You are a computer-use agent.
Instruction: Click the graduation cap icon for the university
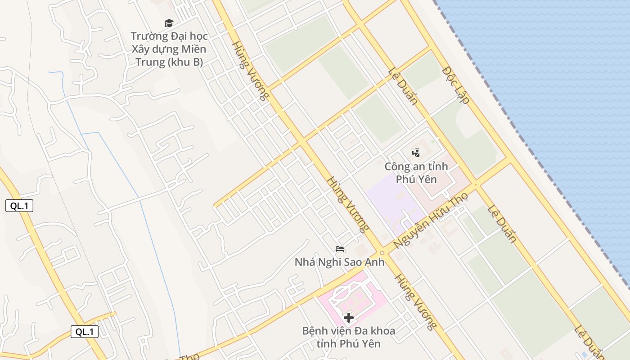pos(169,22)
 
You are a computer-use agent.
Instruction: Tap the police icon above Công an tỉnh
pos(416,153)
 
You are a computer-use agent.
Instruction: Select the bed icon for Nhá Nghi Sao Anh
pos(340,248)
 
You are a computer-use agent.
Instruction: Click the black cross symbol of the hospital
pos(348,318)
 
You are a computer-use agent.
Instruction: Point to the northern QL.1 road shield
pos(19,206)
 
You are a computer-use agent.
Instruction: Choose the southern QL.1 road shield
pos(85,332)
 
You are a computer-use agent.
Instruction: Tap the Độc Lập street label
pos(456,85)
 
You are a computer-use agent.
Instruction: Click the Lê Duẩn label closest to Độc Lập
pos(403,86)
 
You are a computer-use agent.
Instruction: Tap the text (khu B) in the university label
pos(185,62)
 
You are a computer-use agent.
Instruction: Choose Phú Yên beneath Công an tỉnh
pos(416,179)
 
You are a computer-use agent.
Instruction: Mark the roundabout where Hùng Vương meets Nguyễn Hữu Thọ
pos(382,253)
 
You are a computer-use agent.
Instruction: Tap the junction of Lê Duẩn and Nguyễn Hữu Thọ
pos(475,184)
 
